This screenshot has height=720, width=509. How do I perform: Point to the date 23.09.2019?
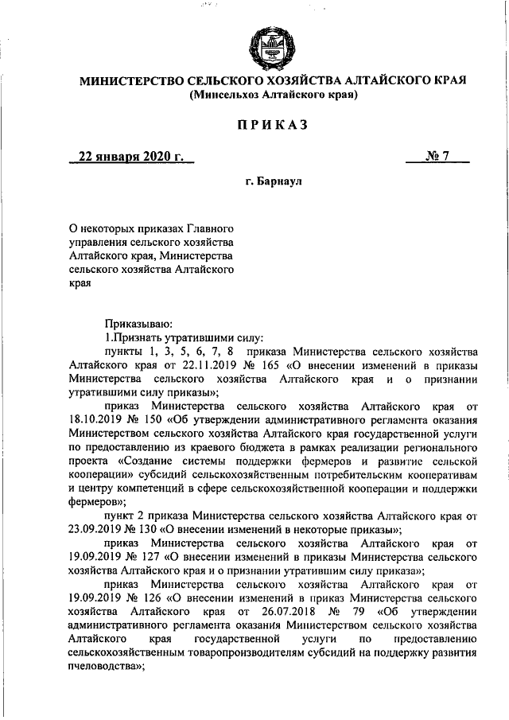[x=97, y=530]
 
